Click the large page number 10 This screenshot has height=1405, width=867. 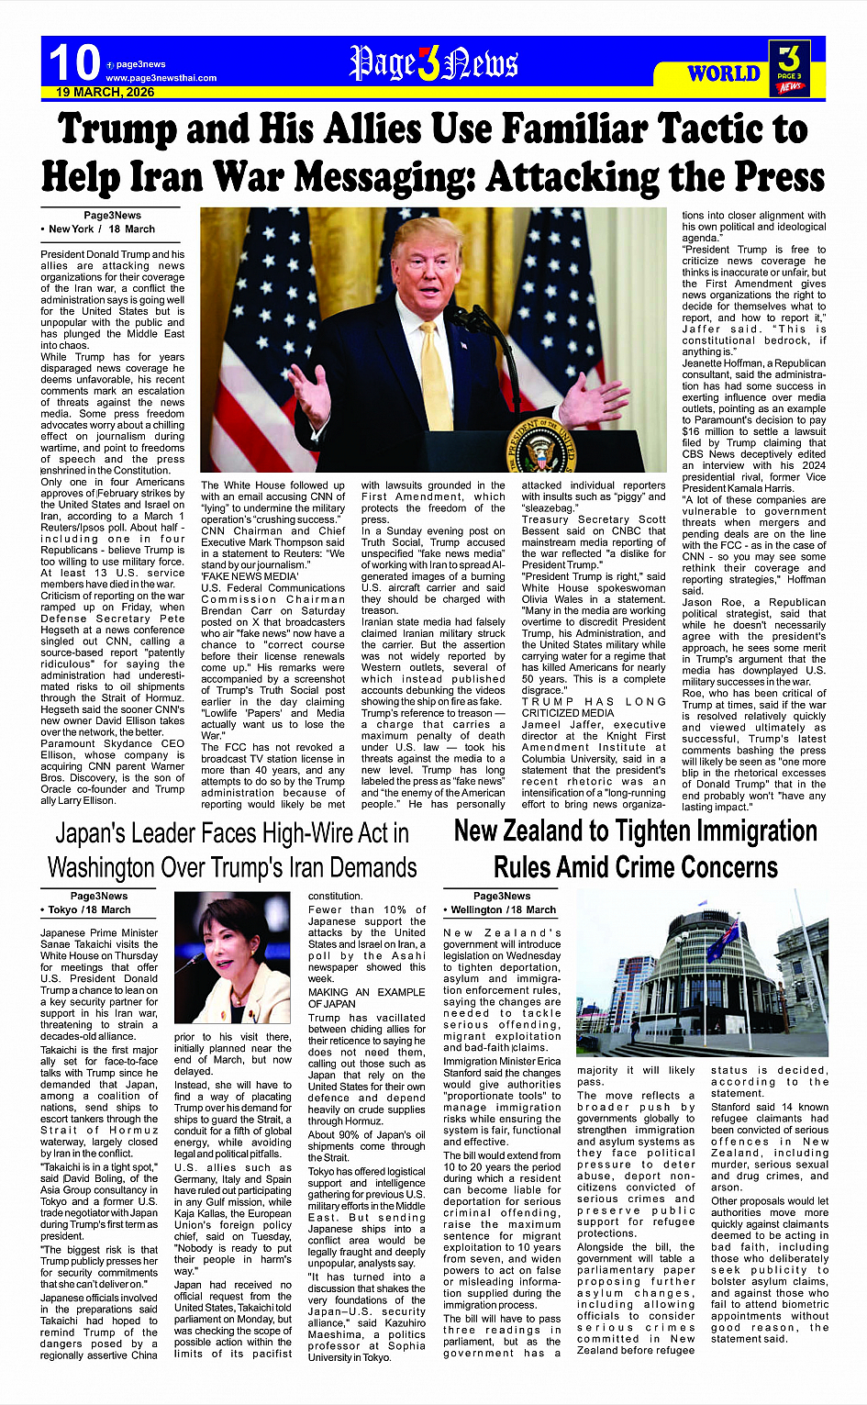(73, 62)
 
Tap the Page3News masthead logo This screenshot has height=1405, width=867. (433, 63)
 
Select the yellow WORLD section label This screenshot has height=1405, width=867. (723, 73)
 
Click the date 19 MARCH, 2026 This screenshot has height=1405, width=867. (105, 93)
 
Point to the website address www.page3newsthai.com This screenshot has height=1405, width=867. (161, 78)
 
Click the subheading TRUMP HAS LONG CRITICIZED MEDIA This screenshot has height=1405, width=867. (594, 707)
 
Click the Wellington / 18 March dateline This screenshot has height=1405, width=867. (503, 909)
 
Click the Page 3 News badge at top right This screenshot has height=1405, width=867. (789, 68)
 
